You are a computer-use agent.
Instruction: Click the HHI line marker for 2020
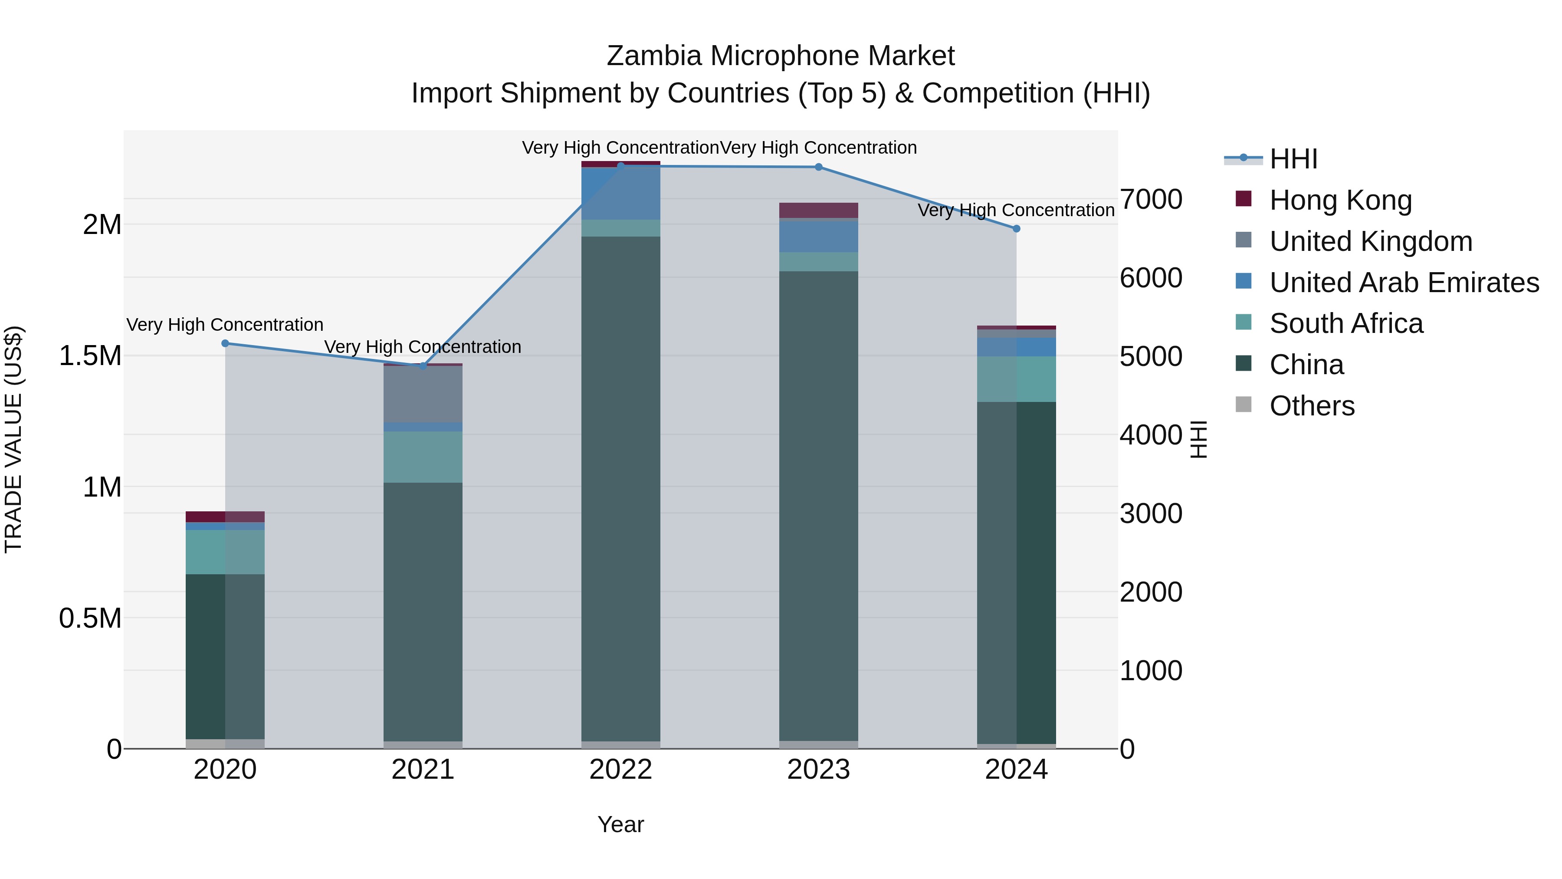(x=225, y=343)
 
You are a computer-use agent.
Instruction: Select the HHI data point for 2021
(x=423, y=366)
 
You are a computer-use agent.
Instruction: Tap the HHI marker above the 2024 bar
(x=1016, y=229)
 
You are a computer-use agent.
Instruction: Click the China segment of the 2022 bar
(x=620, y=485)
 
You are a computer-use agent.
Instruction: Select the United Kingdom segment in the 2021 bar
(x=423, y=394)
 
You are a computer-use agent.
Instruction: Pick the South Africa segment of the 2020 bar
(x=225, y=552)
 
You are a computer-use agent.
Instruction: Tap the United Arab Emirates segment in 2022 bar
(x=620, y=193)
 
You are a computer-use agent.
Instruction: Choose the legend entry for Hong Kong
(x=1340, y=200)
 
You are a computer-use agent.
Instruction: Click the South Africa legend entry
(x=1345, y=323)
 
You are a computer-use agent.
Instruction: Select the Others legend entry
(x=1312, y=406)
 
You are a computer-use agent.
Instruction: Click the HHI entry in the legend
(x=1293, y=159)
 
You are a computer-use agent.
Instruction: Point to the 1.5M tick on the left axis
(x=90, y=356)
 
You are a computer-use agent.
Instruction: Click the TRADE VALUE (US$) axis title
(x=13, y=439)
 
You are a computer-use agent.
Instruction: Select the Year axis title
(x=620, y=824)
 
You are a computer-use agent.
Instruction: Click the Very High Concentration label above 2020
(x=225, y=325)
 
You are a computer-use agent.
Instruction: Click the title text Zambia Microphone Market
(x=781, y=56)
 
